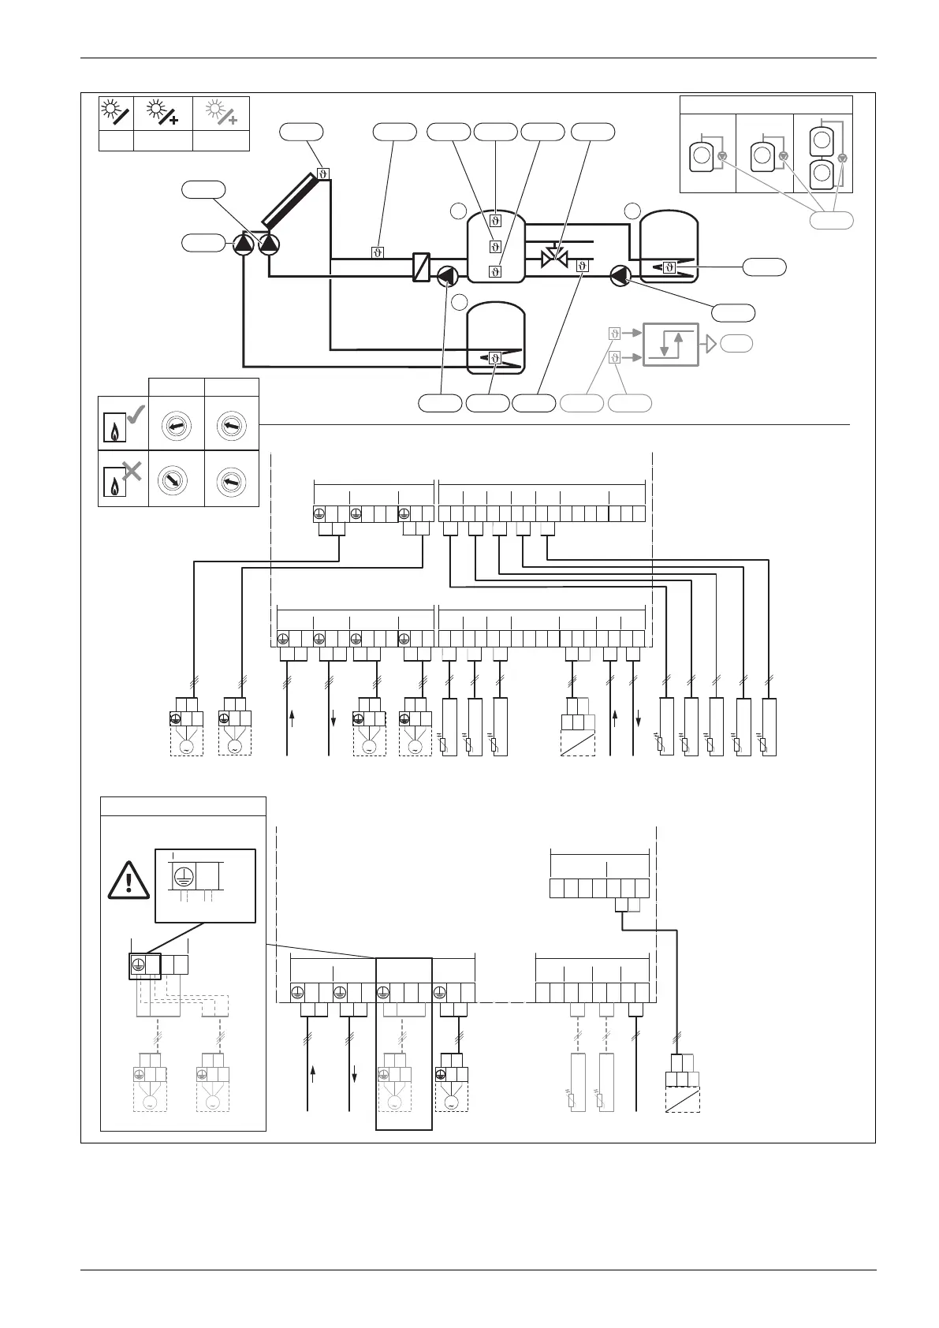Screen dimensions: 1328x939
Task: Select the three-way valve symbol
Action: [x=555, y=256]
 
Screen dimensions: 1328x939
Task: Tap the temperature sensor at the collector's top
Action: [x=323, y=173]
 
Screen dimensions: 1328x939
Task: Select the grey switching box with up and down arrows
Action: [x=671, y=345]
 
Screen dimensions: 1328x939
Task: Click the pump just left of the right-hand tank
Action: [x=620, y=275]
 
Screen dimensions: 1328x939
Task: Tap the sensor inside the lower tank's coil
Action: [x=495, y=358]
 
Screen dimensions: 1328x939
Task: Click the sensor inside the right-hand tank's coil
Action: [x=669, y=267]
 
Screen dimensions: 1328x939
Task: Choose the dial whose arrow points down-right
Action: [x=176, y=480]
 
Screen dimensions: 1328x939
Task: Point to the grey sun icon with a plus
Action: [x=220, y=114]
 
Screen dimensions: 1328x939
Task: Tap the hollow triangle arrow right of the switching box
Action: [x=710, y=344]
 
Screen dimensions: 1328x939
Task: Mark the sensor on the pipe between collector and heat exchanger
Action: [x=378, y=252]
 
